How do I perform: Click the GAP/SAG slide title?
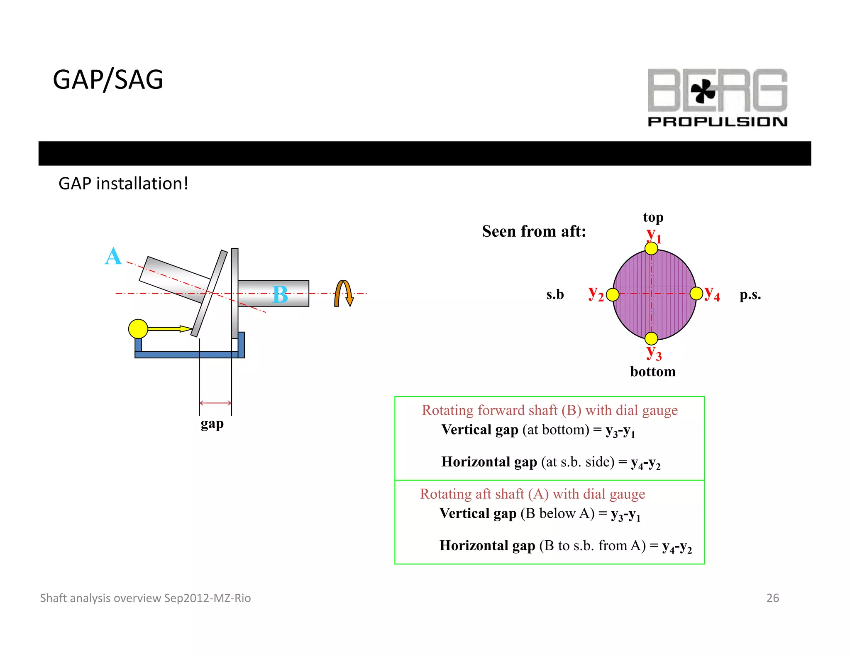coord(108,80)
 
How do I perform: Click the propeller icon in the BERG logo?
coord(703,91)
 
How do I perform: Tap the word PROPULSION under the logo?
coord(717,122)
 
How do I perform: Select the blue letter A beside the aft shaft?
coord(113,256)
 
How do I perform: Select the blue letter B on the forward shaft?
coord(280,295)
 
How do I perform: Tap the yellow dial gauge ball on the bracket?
coord(138,329)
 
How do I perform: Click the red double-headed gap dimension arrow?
coord(215,403)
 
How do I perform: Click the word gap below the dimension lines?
coord(212,424)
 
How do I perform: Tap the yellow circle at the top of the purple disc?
coord(651,248)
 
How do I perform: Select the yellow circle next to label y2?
coord(613,295)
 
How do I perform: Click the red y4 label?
coord(712,294)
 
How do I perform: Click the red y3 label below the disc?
coord(654,353)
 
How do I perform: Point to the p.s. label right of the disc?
coord(750,295)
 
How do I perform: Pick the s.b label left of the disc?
coord(555,295)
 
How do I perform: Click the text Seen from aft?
coord(534,231)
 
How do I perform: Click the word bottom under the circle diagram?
coord(653,372)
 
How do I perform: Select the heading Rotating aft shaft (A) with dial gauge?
coord(532,494)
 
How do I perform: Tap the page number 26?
coord(772,598)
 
